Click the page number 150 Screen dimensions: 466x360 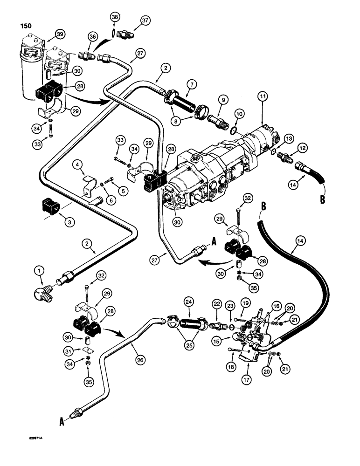click(x=26, y=26)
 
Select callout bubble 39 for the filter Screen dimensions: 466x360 click(x=59, y=34)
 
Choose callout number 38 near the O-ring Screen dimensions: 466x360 click(x=115, y=17)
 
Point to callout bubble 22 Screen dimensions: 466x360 click(x=217, y=303)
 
